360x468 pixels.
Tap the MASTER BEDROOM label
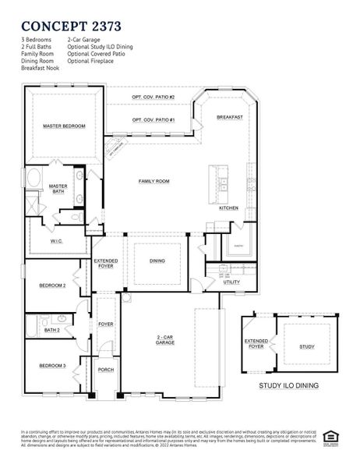tap(64, 126)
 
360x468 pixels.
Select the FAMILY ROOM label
tap(154, 181)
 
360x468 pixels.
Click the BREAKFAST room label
tap(230, 117)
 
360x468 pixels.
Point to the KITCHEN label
tap(228, 208)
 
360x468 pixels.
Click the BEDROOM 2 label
tap(53, 285)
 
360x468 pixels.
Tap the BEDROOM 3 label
tap(53, 366)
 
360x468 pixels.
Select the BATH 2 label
tap(51, 330)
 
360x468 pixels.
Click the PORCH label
tap(105, 370)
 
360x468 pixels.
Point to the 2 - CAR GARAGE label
tap(164, 340)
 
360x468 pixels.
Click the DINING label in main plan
tap(157, 261)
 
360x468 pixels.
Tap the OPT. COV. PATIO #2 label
tap(153, 97)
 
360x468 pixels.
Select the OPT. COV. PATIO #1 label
tap(153, 119)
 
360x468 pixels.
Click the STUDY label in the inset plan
tap(306, 347)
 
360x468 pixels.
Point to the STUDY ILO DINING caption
tap(289, 385)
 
